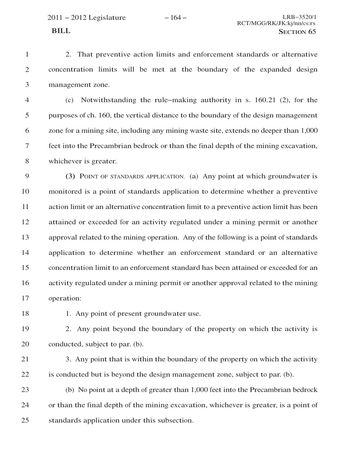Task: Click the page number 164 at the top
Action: tap(176, 18)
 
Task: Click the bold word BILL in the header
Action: tap(61, 31)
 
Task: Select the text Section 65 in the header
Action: tap(297, 32)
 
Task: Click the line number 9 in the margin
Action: tap(27, 176)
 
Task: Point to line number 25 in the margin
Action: tap(25, 420)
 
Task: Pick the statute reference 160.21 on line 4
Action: tap(265, 100)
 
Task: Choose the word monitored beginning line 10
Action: tap(65, 192)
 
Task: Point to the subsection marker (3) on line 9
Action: tap(70, 176)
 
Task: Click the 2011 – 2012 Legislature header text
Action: tap(86, 18)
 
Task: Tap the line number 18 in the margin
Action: tap(25, 313)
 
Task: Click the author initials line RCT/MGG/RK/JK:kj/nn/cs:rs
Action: tap(276, 24)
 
